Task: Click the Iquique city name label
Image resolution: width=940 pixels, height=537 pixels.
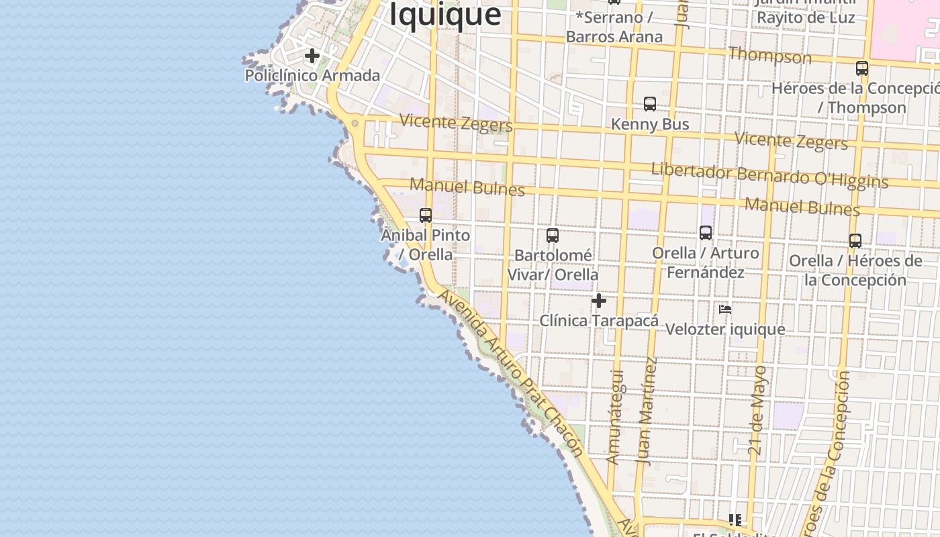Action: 445,14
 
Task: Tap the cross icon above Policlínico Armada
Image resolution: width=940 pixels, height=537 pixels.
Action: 312,56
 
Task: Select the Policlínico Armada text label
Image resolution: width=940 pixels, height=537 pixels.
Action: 312,75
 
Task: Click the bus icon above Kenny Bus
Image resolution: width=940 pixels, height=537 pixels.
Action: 650,104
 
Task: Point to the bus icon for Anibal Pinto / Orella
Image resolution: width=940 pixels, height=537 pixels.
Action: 426,215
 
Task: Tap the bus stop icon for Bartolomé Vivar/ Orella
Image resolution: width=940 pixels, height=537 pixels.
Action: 553,236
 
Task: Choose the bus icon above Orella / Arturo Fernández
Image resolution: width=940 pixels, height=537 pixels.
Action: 706,233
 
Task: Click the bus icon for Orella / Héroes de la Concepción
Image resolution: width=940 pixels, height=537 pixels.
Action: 855,241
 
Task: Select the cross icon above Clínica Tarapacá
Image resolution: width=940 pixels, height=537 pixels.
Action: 599,301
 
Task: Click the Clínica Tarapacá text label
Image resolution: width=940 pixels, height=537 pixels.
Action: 599,321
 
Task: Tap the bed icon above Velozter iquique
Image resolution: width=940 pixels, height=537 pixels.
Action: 725,309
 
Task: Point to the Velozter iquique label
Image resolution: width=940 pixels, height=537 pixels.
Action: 725,330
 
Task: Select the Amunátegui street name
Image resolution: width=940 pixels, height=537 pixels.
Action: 615,417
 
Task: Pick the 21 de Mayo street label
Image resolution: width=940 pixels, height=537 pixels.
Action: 757,411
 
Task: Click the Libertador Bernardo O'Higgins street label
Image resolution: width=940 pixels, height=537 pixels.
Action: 769,175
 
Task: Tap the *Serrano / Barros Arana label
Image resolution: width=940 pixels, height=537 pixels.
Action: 614,28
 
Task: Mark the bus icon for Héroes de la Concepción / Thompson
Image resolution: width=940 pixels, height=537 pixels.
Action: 862,68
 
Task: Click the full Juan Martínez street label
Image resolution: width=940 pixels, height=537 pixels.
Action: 647,411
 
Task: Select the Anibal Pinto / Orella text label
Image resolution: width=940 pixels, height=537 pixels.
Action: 426,245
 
